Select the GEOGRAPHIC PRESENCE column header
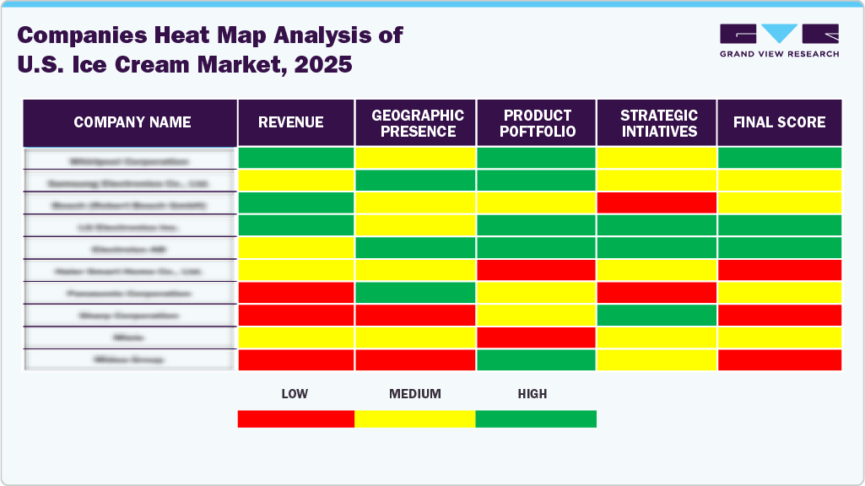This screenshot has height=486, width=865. pos(418,123)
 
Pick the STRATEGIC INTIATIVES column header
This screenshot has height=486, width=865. pos(658,123)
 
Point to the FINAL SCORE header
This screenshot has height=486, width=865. pos(779,122)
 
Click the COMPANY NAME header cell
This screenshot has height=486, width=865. pos(132,122)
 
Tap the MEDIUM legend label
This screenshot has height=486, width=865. pos(414,394)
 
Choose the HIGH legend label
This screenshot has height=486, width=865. pos(533,394)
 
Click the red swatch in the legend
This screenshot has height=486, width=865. pos(295,418)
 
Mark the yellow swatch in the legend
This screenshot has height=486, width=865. pos(414,418)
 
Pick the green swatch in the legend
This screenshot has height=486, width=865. pos(536,418)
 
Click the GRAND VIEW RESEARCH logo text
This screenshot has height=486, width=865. pos(779,54)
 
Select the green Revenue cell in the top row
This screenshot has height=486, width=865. pos(295,158)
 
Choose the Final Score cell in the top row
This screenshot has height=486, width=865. pos(779,158)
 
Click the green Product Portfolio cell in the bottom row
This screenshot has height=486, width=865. pos(536,359)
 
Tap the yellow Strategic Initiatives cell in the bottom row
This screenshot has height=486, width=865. pos(657,359)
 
